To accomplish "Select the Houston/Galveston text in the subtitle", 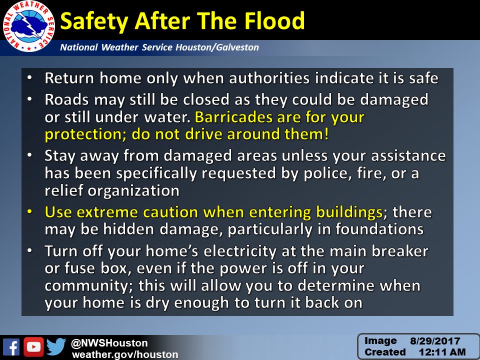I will (217, 48).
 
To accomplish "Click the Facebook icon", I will (11, 347).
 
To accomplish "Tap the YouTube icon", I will (33, 347).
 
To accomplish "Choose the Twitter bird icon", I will (56, 347).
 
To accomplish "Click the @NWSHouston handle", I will (109, 343).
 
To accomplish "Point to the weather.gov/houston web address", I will (125, 354).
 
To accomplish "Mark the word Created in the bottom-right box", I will (385, 352).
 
